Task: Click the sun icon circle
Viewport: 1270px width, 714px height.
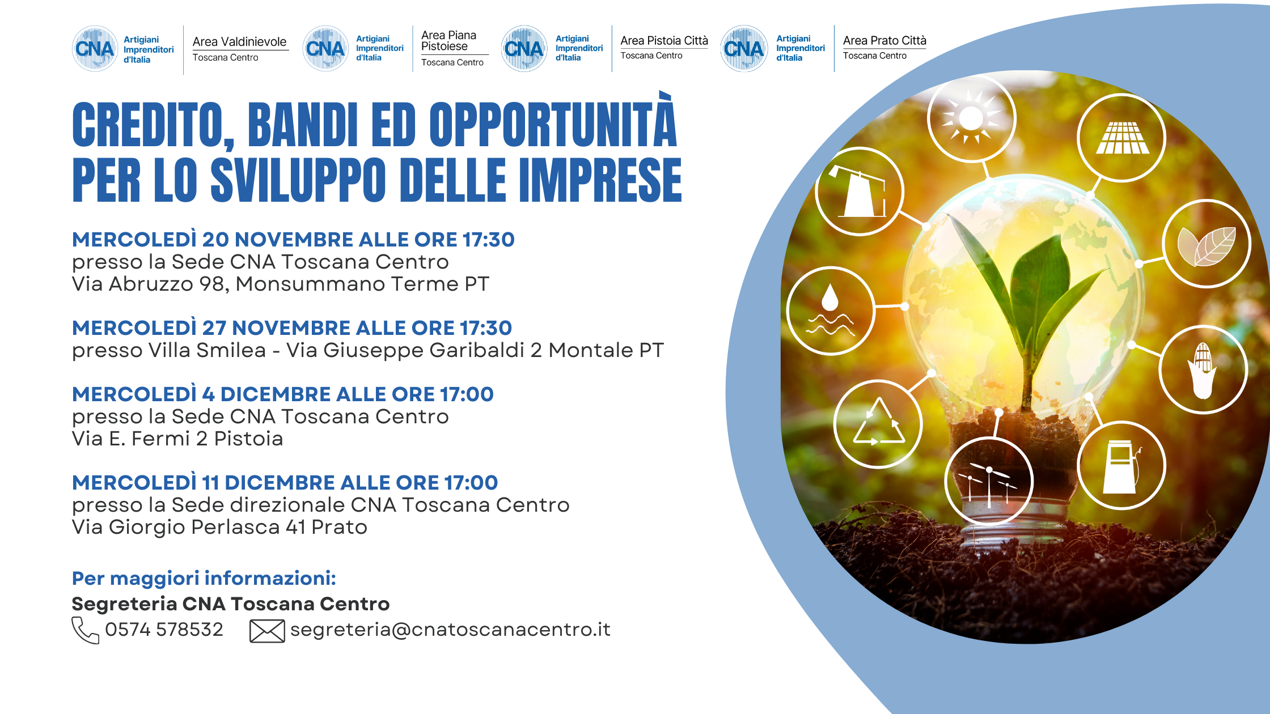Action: click(971, 118)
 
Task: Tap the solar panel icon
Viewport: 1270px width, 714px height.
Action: click(1122, 138)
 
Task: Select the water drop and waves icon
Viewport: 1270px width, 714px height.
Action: click(831, 310)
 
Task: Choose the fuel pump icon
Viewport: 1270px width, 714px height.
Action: click(1121, 466)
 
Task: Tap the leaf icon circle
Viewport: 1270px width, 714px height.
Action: click(1206, 244)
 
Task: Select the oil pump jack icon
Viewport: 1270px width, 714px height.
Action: click(859, 191)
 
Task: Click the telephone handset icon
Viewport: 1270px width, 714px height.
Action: click(85, 630)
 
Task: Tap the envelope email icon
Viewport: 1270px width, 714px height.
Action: click(267, 631)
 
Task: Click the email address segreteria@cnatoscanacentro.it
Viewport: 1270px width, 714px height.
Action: click(450, 630)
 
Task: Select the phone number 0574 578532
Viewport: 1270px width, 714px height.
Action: click(164, 630)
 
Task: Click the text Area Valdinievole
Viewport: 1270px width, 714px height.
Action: click(239, 42)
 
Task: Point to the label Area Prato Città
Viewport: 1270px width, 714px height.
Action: click(884, 40)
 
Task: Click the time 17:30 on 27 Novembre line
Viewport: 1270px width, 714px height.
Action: click(485, 328)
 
